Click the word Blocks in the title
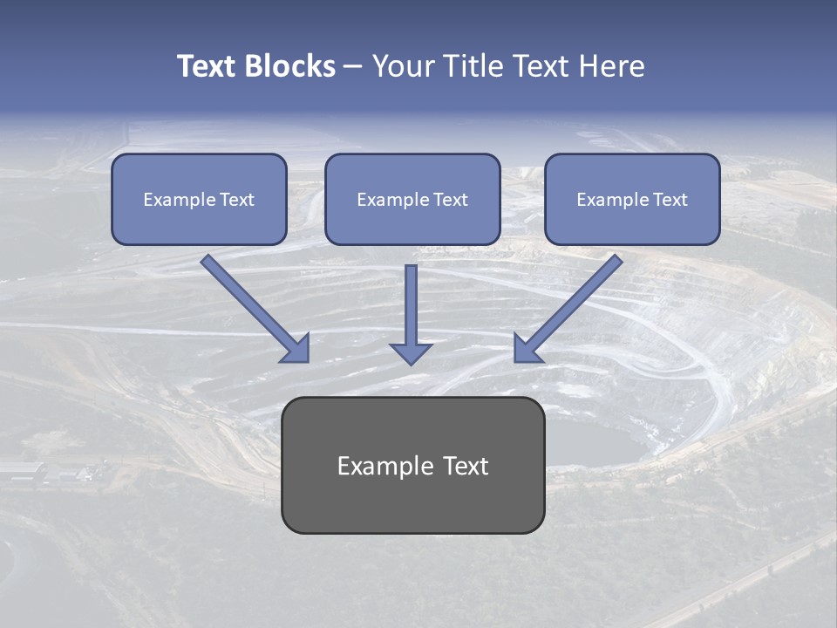[x=289, y=66]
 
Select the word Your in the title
[x=402, y=66]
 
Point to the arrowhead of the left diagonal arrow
[x=296, y=349]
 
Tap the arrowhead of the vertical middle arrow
[x=411, y=352]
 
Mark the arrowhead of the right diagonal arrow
[x=526, y=349]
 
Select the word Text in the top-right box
[x=670, y=200]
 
